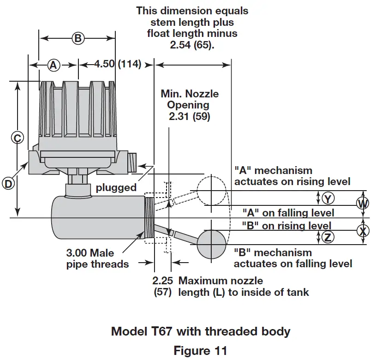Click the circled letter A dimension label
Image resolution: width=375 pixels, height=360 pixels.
(x=54, y=66)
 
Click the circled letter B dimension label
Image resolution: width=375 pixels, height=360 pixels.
(x=78, y=38)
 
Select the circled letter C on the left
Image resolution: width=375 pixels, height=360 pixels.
(x=17, y=138)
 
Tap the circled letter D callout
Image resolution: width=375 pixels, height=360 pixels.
(x=8, y=183)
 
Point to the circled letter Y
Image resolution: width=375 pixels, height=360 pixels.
(x=327, y=198)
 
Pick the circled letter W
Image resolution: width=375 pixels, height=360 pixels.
(x=363, y=203)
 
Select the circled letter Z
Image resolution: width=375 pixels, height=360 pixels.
(x=327, y=237)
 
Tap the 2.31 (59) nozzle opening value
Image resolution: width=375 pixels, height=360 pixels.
(x=189, y=117)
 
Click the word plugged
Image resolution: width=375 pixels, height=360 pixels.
(x=116, y=187)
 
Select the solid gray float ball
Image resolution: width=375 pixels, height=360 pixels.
(x=212, y=245)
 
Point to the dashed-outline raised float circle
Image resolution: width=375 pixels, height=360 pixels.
(x=211, y=190)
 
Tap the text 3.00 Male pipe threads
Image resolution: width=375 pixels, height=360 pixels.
(x=96, y=258)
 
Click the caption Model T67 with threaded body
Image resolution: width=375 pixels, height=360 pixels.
(x=201, y=331)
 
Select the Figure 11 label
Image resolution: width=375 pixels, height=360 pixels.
(x=200, y=350)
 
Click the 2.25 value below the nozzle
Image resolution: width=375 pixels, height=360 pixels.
(x=162, y=280)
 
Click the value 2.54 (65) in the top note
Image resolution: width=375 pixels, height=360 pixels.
(x=191, y=45)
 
